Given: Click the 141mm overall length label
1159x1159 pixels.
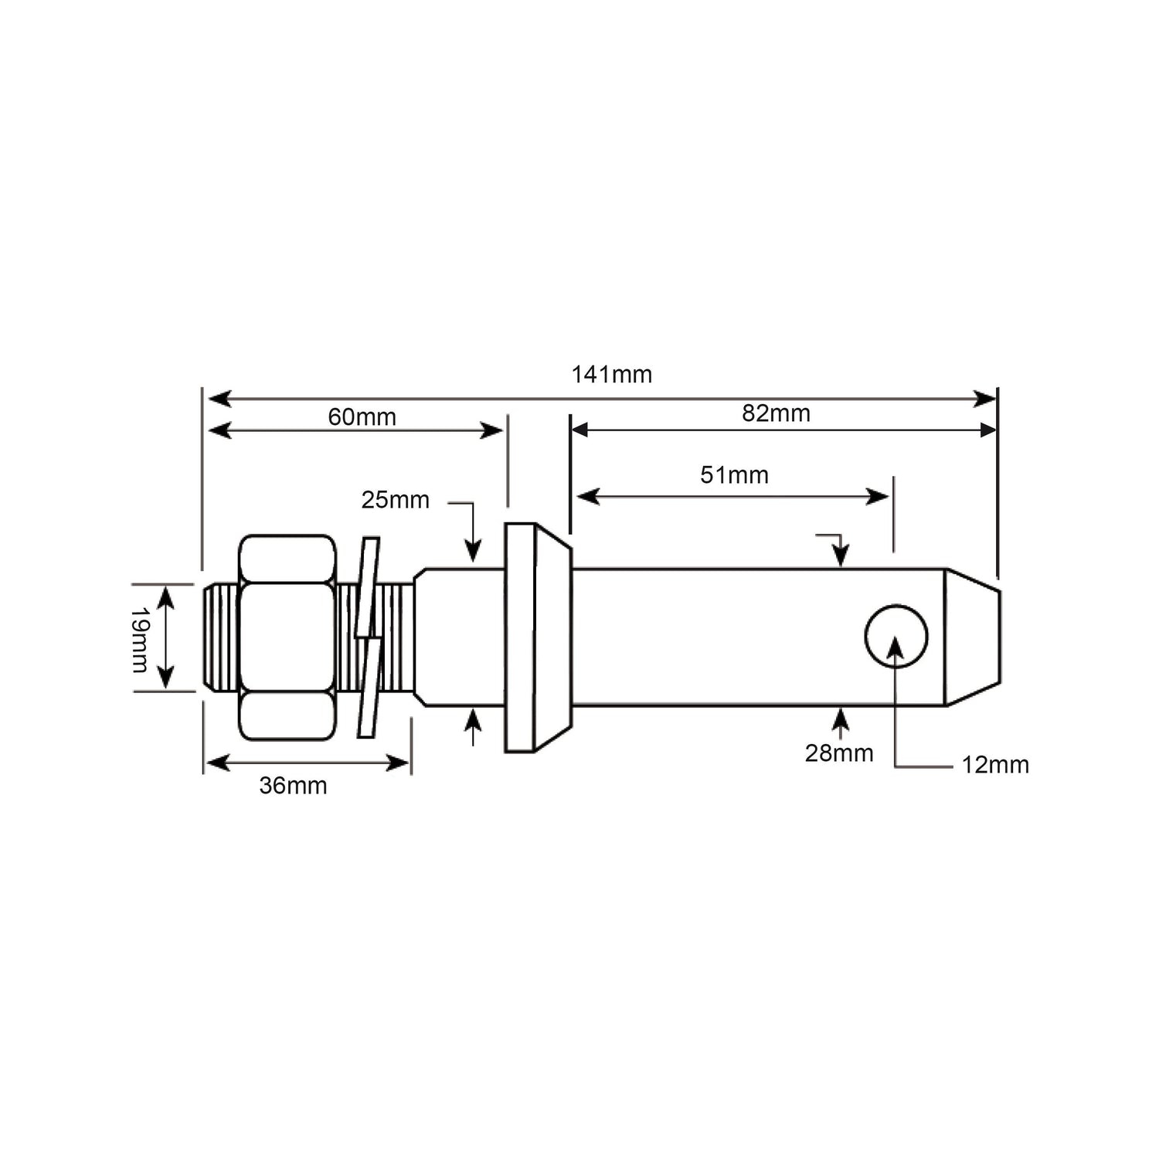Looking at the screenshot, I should [611, 375].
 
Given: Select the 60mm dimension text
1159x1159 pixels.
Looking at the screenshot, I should [362, 417].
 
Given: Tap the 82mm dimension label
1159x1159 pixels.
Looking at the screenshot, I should [776, 413].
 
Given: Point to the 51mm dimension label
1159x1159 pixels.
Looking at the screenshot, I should [734, 474].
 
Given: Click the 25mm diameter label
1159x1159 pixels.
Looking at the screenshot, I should [395, 500].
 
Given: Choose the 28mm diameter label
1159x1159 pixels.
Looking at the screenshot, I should [838, 753].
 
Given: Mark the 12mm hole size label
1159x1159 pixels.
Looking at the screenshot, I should [994, 765].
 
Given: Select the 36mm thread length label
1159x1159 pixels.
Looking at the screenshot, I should [293, 786].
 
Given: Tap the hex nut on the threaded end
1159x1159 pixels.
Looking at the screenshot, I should [287, 637].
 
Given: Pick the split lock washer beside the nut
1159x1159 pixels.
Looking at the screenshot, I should [368, 637].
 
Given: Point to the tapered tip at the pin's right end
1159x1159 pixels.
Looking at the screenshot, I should [974, 637].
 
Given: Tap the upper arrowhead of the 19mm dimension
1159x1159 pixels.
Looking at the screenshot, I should [165, 596].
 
